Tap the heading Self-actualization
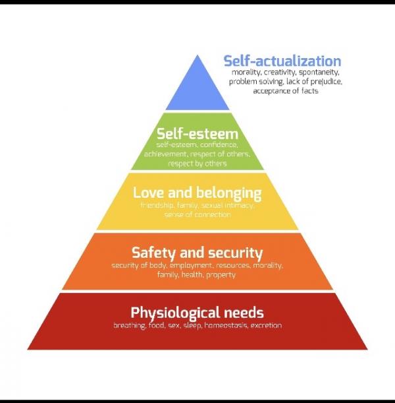coord(282,61)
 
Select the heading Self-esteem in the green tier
coord(197,134)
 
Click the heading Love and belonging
coord(197,193)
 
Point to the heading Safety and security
coord(197,253)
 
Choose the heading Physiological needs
coord(197,313)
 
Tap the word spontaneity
coord(319,73)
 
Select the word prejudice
coord(327,82)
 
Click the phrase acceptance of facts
coord(286,91)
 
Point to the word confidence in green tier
coord(219,144)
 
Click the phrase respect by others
coord(197,164)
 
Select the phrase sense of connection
coord(197,214)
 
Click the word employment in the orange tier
coord(191,265)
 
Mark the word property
coord(221,275)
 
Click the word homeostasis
coord(226,325)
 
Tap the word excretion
coord(266,325)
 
